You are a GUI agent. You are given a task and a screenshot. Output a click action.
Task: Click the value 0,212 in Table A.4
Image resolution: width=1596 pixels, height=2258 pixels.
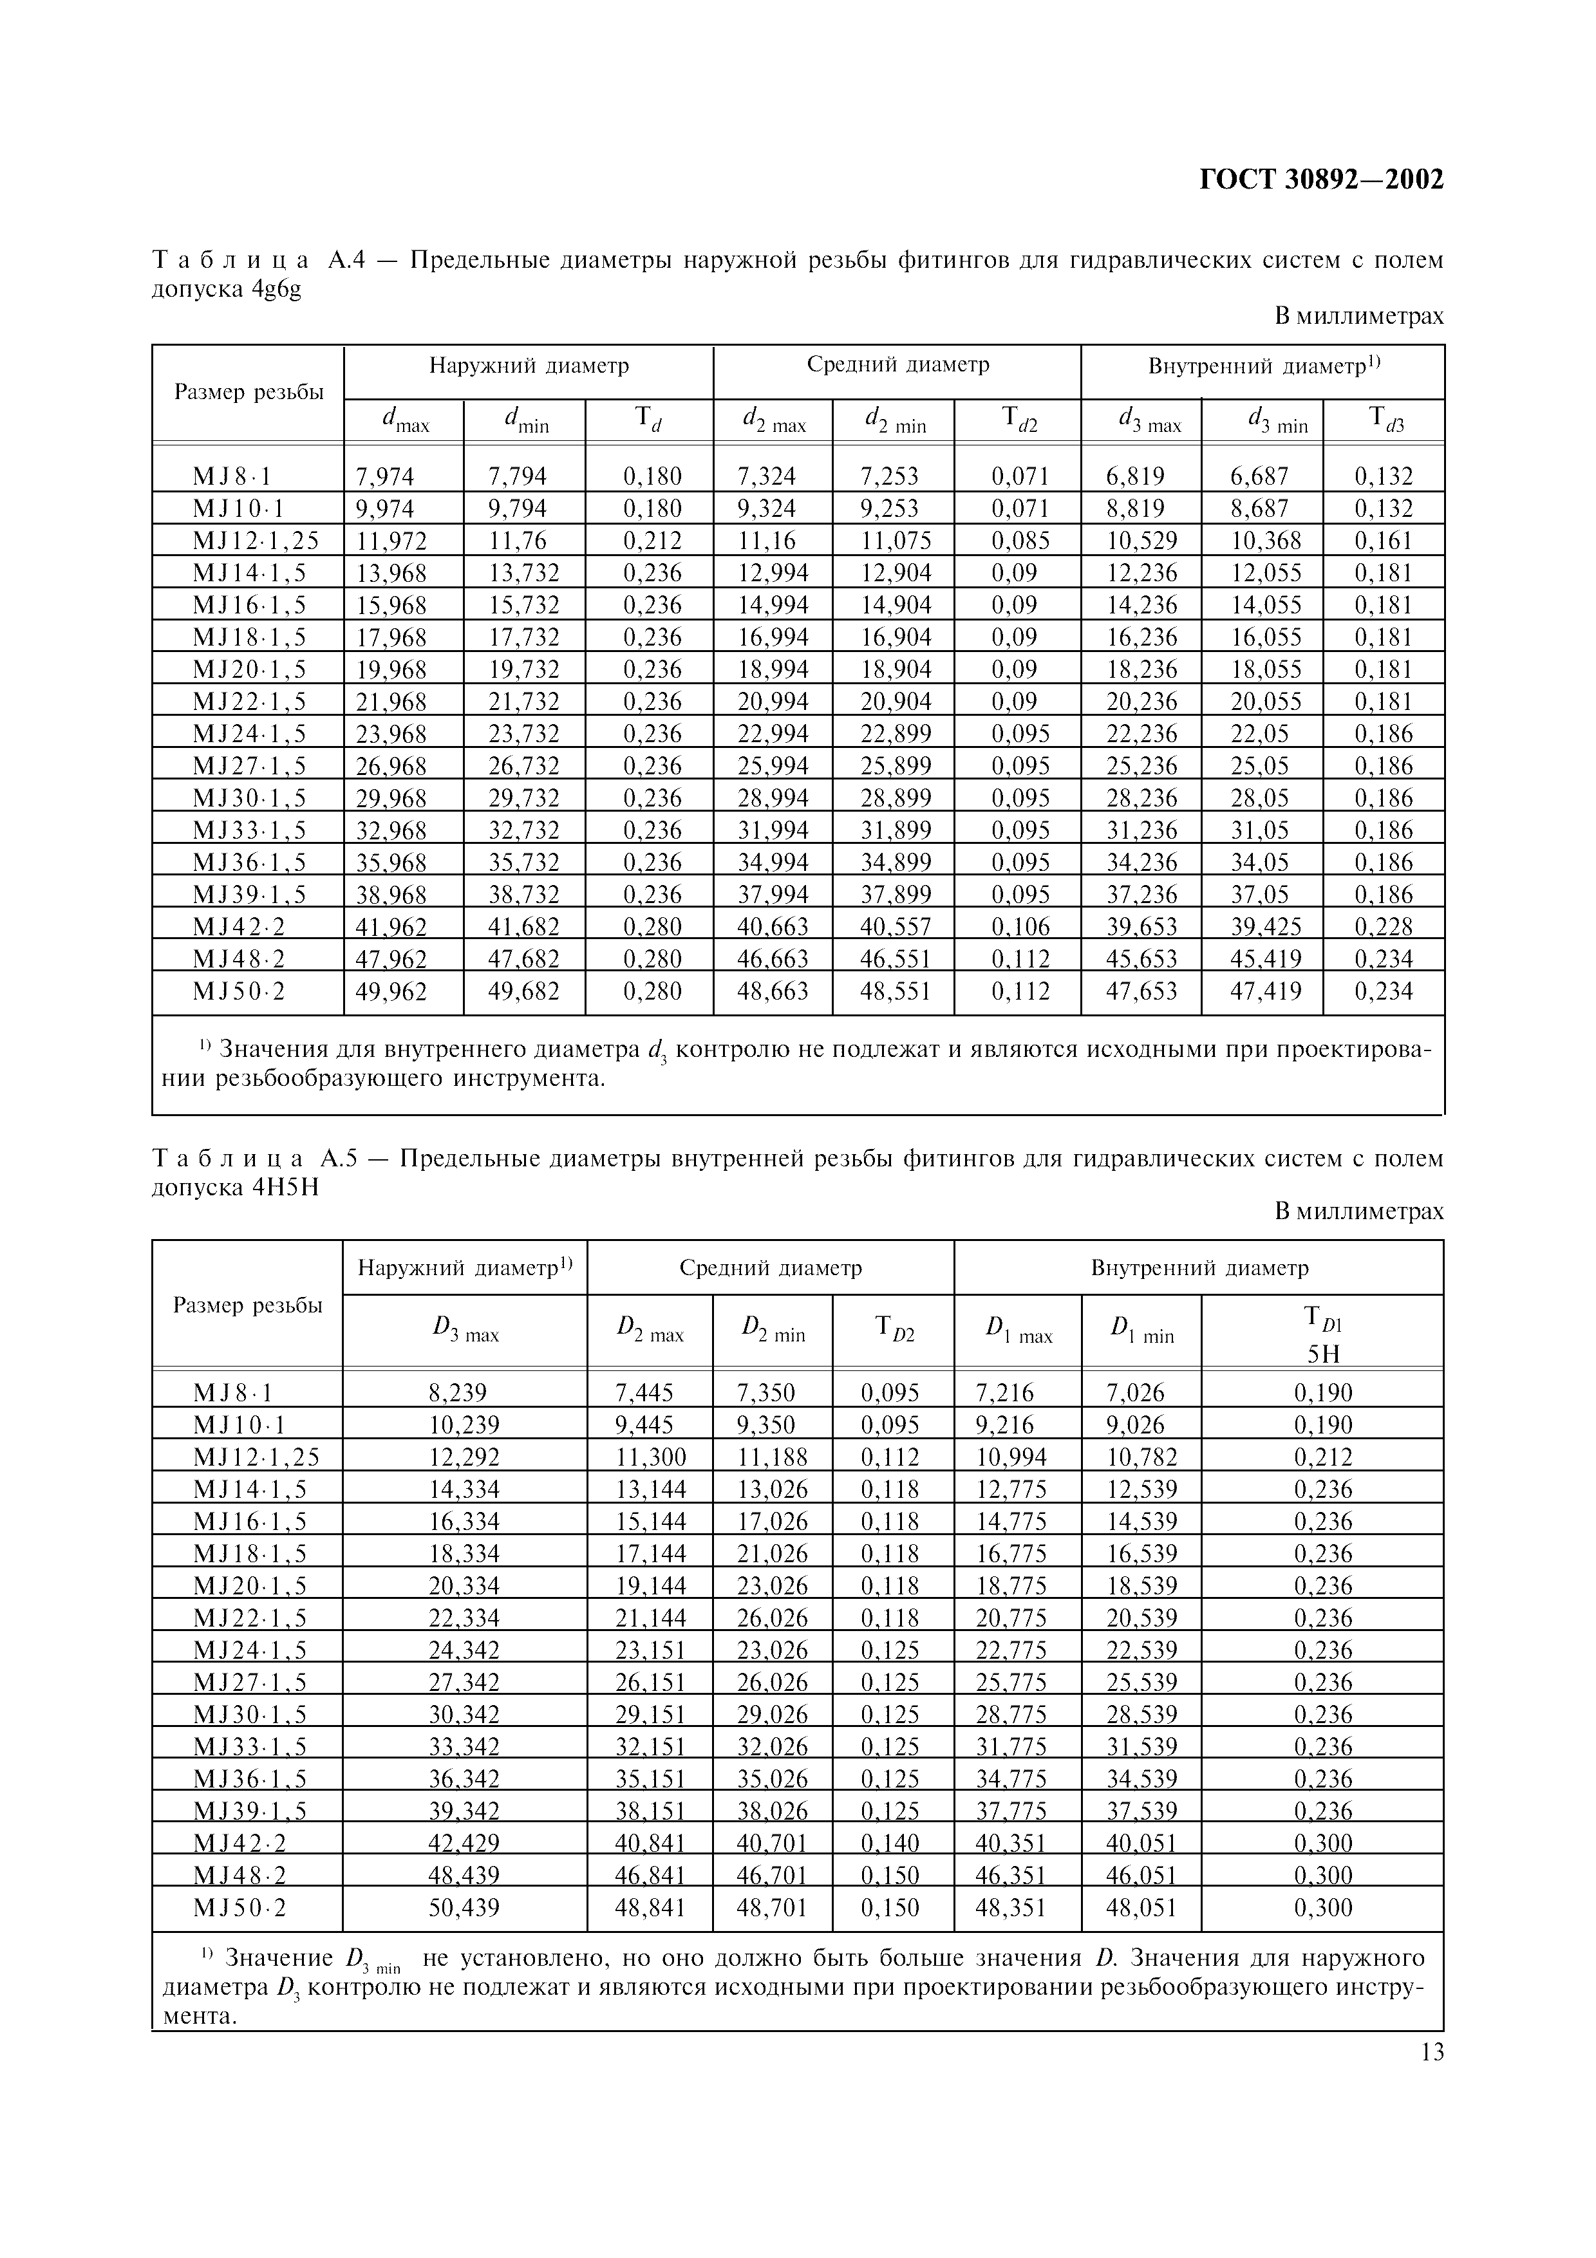click(x=652, y=541)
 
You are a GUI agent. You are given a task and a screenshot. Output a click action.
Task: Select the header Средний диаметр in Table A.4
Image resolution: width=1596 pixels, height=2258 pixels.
click(x=897, y=365)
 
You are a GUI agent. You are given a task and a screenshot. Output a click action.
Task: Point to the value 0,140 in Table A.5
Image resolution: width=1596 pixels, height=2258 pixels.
click(x=890, y=1843)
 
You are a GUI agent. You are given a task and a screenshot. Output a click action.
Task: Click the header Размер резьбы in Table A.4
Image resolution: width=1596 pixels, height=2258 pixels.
click(x=249, y=393)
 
